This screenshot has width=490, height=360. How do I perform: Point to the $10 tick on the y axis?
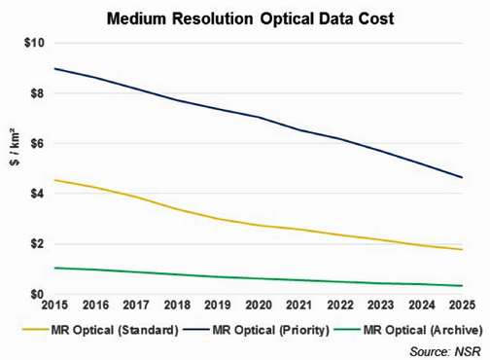click(30, 44)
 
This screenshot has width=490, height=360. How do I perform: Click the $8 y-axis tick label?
click(33, 93)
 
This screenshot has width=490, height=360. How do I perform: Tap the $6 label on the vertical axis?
click(33, 144)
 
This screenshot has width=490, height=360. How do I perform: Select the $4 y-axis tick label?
click(33, 194)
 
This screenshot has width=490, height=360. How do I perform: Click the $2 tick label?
click(33, 244)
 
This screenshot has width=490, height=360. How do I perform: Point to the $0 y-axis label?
click(33, 294)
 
